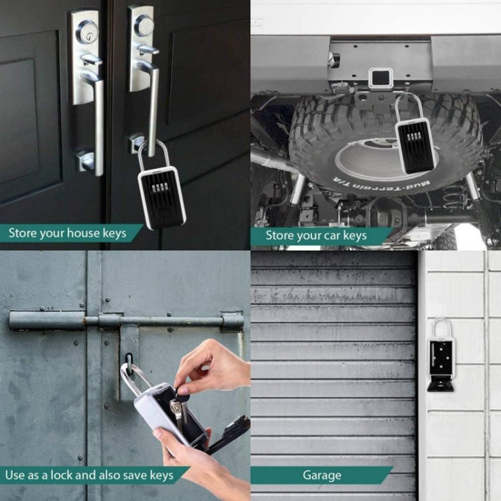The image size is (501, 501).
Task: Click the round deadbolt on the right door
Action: coord(144,25)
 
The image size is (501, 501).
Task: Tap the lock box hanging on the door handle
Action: coord(162,198)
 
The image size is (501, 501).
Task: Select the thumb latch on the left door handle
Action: coord(92,61)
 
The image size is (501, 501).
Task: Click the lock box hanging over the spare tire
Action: coord(414,144)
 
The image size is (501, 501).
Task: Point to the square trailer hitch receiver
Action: coord(381,79)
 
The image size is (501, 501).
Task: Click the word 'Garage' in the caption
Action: coord(322,476)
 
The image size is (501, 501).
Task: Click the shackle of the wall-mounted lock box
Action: coord(441,327)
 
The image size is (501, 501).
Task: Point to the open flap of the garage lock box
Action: coord(441,383)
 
